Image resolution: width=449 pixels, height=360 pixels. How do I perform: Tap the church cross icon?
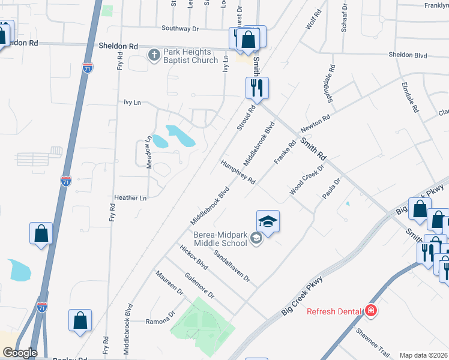coord(154,56)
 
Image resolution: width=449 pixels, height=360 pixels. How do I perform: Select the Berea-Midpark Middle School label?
coord(220,239)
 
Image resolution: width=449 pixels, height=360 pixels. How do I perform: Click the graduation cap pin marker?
coord(268,221)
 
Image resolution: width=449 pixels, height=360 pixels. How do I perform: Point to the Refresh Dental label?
coord(334,311)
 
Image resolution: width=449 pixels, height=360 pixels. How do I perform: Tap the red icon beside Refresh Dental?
coord(372,311)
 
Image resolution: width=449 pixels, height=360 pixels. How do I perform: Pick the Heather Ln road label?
coord(130,197)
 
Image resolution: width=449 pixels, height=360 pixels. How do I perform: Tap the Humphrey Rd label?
coord(238,172)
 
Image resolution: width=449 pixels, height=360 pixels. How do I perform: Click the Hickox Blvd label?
coord(193,256)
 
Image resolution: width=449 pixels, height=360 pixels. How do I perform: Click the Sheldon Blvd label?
coord(408,55)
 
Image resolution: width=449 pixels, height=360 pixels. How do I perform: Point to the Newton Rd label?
coord(316,127)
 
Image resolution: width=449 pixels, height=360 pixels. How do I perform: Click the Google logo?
coord(19,353)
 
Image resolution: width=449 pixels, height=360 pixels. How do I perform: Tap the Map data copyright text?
coord(423,355)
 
